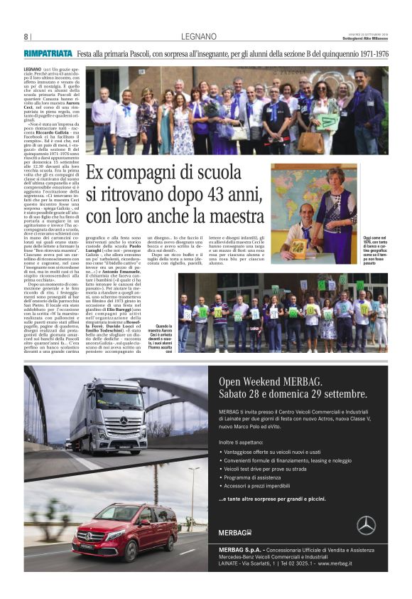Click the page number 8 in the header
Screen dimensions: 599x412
pyautogui.click(x=26, y=36)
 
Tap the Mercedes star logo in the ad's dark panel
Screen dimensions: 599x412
pyautogui.click(x=366, y=524)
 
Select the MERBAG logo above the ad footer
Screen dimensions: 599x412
pyautogui.click(x=235, y=532)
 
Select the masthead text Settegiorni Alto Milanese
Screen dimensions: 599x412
pyautogui.click(x=362, y=38)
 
